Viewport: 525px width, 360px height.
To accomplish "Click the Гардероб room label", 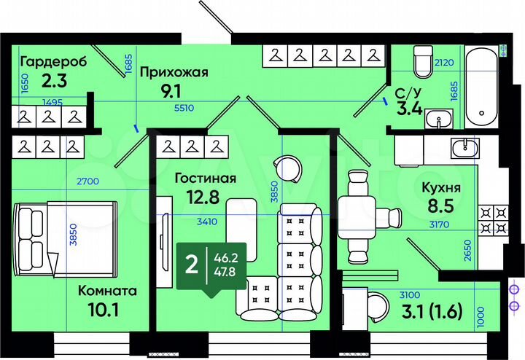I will [x=53, y=61].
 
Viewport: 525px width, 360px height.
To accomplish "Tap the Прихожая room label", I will [x=174, y=71].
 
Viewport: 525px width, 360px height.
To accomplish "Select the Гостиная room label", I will [x=205, y=179].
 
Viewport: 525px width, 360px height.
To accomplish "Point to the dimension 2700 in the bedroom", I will [x=87, y=181].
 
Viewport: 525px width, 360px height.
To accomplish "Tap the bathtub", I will [x=481, y=86].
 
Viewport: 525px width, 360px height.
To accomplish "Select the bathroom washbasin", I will [x=437, y=119].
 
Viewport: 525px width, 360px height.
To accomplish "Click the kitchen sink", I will [x=464, y=149].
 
